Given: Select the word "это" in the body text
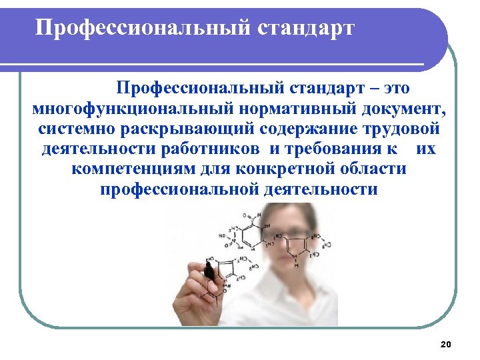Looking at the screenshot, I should [395, 87].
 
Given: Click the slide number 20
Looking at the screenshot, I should [446, 344].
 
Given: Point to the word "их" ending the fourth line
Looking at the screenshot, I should [425, 148].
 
